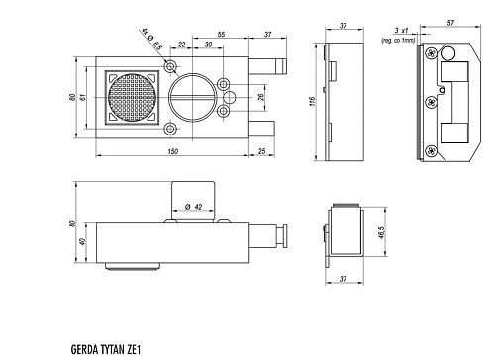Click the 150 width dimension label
tap(173, 151)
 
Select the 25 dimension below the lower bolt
tap(261, 151)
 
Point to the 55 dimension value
tap(221, 35)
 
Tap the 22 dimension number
tap(182, 45)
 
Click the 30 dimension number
tap(208, 45)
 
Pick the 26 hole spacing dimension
tap(261, 97)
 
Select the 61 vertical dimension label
tap(82, 97)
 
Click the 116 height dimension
tap(313, 101)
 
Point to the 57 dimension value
tap(450, 23)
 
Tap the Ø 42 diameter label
tap(194, 207)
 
